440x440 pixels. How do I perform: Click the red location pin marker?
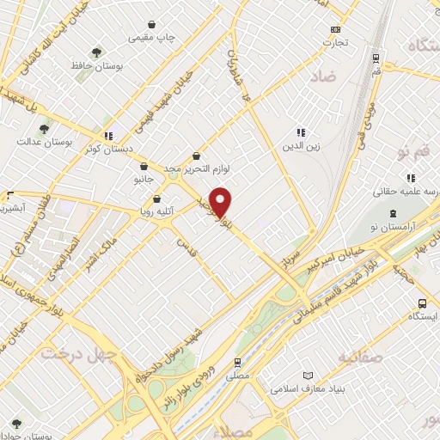(222, 202)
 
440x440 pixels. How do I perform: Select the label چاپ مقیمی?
(152, 38)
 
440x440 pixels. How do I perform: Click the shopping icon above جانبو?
(144, 167)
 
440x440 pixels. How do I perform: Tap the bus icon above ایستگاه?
(422, 304)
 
